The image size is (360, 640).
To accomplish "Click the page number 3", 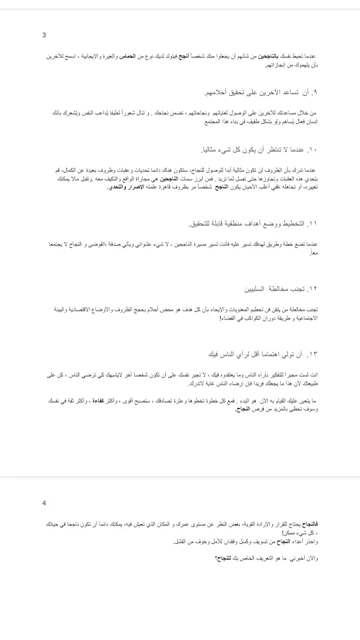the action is [44, 35].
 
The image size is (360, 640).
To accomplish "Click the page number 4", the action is [44, 503].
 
